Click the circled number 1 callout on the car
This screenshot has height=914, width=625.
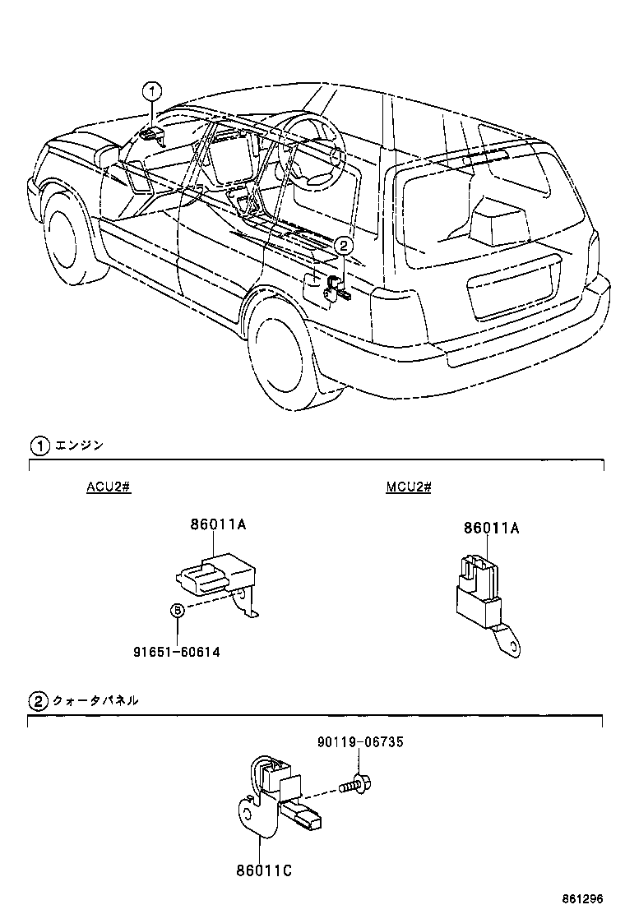point(153,90)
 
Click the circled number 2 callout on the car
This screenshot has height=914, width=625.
point(345,244)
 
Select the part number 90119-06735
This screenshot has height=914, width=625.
point(359,742)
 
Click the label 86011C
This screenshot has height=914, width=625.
point(262,869)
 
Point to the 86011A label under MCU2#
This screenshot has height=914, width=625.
point(491,529)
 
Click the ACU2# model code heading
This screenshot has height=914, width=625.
point(109,487)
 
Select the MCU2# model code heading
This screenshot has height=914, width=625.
point(409,487)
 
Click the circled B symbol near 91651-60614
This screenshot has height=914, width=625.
point(177,610)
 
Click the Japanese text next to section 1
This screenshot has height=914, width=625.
point(79,446)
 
